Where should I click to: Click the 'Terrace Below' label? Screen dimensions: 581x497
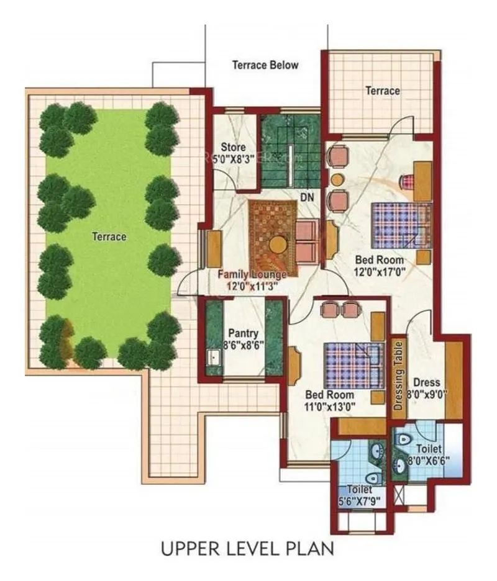click(265, 65)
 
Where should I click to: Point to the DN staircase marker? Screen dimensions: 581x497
click(307, 197)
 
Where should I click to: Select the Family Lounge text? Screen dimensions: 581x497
click(252, 274)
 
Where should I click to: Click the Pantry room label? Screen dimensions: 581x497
click(239, 333)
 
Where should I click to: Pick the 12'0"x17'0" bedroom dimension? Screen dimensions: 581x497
click(379, 271)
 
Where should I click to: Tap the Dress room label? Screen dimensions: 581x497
click(427, 382)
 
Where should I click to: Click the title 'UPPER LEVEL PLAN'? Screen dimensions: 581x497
click(247, 549)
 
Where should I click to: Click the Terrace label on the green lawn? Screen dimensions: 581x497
click(109, 236)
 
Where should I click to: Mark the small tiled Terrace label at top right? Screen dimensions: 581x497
click(383, 91)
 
